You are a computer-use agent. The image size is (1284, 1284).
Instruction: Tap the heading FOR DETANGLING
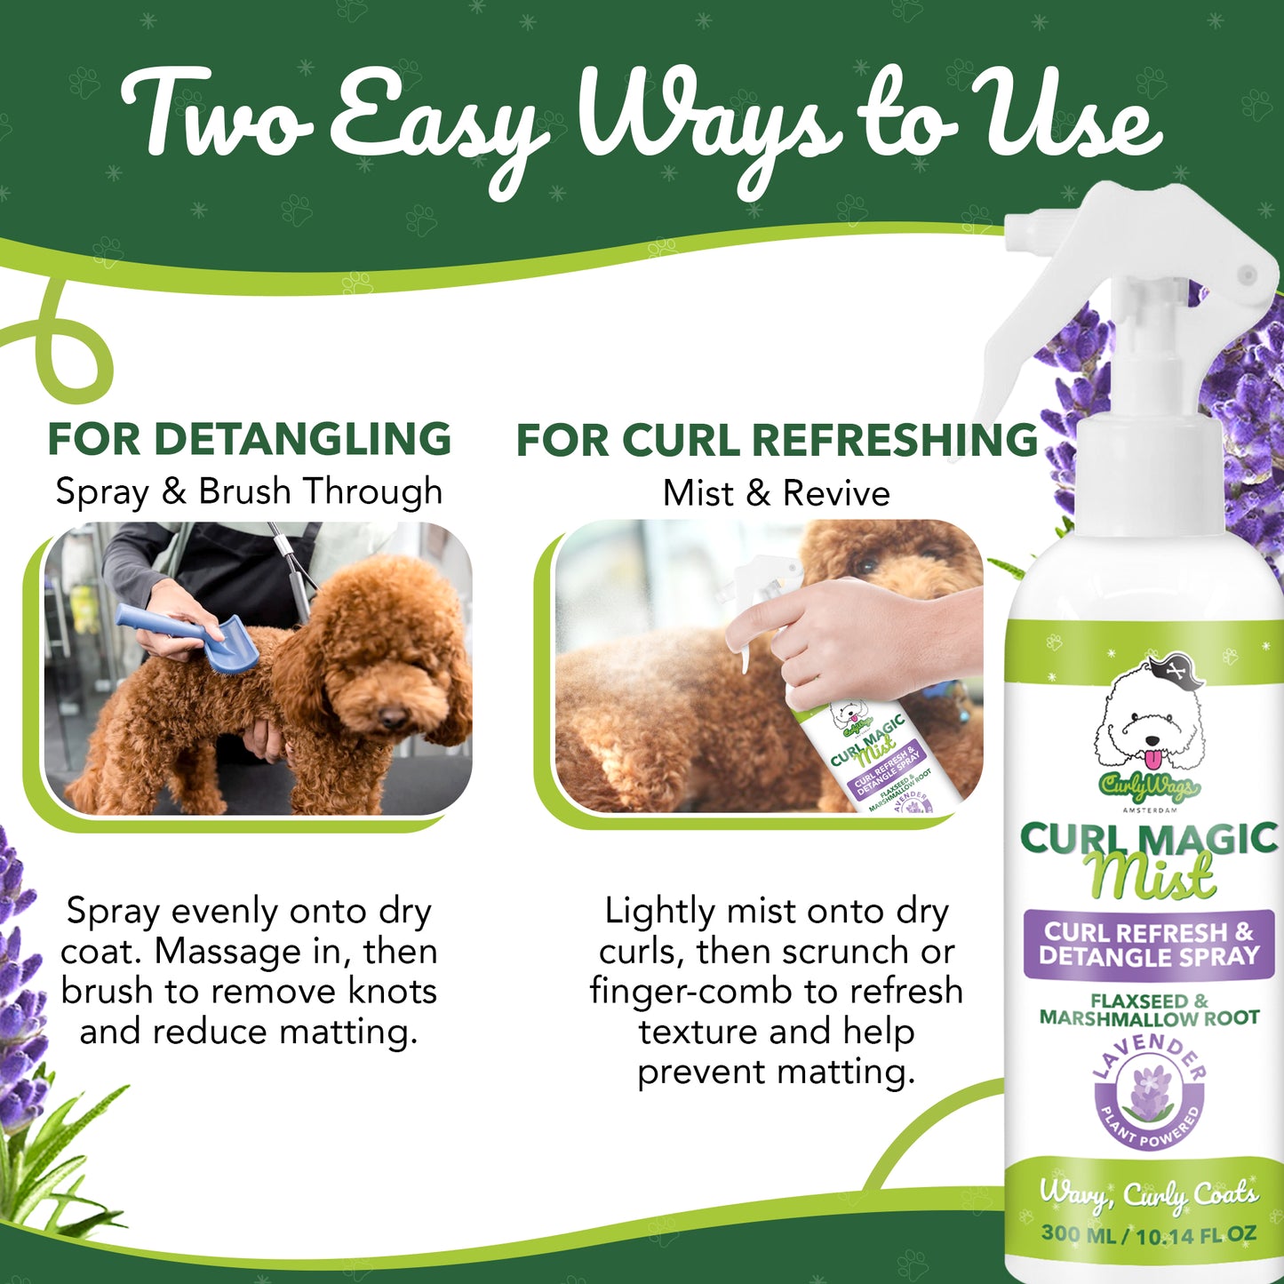pos(249,439)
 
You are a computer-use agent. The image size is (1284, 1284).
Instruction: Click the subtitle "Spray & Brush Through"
pos(249,491)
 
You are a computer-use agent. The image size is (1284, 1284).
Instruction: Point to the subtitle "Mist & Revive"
pos(777,493)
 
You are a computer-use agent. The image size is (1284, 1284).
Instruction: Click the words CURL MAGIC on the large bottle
pos(1149,838)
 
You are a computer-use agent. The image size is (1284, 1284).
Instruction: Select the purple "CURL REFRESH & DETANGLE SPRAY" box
pos(1149,945)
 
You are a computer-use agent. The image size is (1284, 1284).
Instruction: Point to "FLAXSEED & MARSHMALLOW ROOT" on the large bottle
pos(1149,1009)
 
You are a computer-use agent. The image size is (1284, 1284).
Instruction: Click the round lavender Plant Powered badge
pos(1149,1091)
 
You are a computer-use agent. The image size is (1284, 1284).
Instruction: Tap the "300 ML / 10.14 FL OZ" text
pos(1149,1234)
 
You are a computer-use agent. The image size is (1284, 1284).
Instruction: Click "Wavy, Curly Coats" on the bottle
pos(1149,1195)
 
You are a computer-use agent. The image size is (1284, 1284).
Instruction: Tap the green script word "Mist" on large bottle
pos(1152,876)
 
